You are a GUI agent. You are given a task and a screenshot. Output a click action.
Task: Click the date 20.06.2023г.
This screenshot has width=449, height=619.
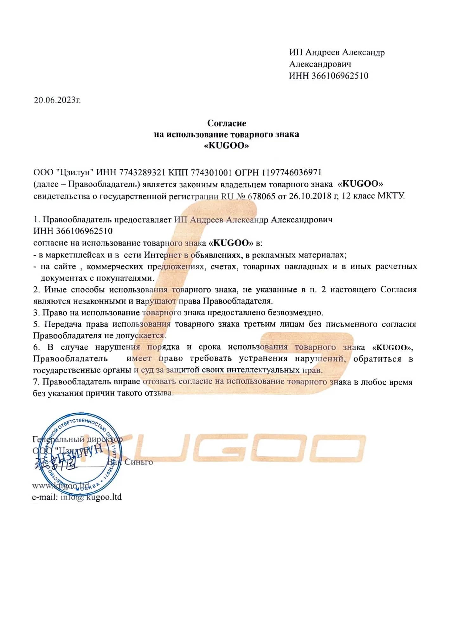click(x=57, y=100)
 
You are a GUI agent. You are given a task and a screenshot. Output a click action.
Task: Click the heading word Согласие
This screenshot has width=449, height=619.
click(x=227, y=123)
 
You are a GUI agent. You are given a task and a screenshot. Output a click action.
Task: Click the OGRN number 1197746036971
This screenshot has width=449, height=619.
click(x=291, y=172)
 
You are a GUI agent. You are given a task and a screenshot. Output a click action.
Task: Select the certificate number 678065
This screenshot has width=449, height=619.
click(x=261, y=196)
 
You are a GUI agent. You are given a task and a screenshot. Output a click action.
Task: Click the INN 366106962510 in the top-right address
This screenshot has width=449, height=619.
click(x=340, y=76)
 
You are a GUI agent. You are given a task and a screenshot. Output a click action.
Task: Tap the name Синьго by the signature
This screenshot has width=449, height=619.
click(x=138, y=462)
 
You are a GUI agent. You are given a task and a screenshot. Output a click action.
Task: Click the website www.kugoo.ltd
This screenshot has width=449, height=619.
click(x=61, y=485)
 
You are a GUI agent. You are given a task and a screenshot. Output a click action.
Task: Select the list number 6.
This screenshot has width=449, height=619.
click(x=36, y=347)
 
